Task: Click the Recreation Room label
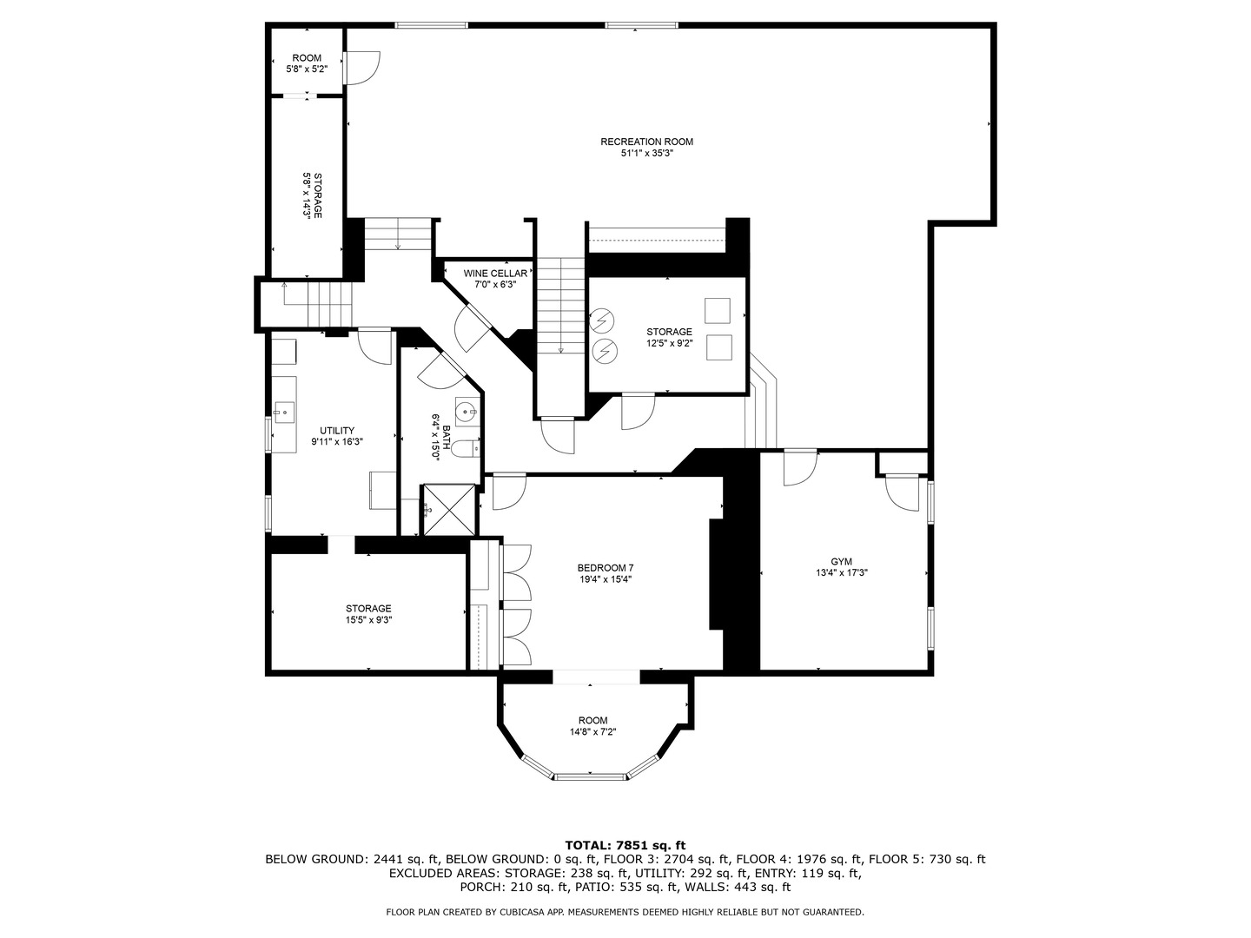(646, 142)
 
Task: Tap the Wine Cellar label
(494, 274)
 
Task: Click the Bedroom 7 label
(599, 568)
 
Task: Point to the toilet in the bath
(466, 449)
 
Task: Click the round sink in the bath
(467, 413)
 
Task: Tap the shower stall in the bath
(449, 511)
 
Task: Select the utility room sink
(283, 412)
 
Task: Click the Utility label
(336, 431)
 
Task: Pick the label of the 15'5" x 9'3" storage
(368, 609)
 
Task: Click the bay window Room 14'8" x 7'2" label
(593, 720)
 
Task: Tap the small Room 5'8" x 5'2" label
(306, 58)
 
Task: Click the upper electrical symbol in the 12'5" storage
(601, 321)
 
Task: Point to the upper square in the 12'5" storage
(718, 311)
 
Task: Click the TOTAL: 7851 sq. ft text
(625, 844)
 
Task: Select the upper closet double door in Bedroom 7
(516, 571)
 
